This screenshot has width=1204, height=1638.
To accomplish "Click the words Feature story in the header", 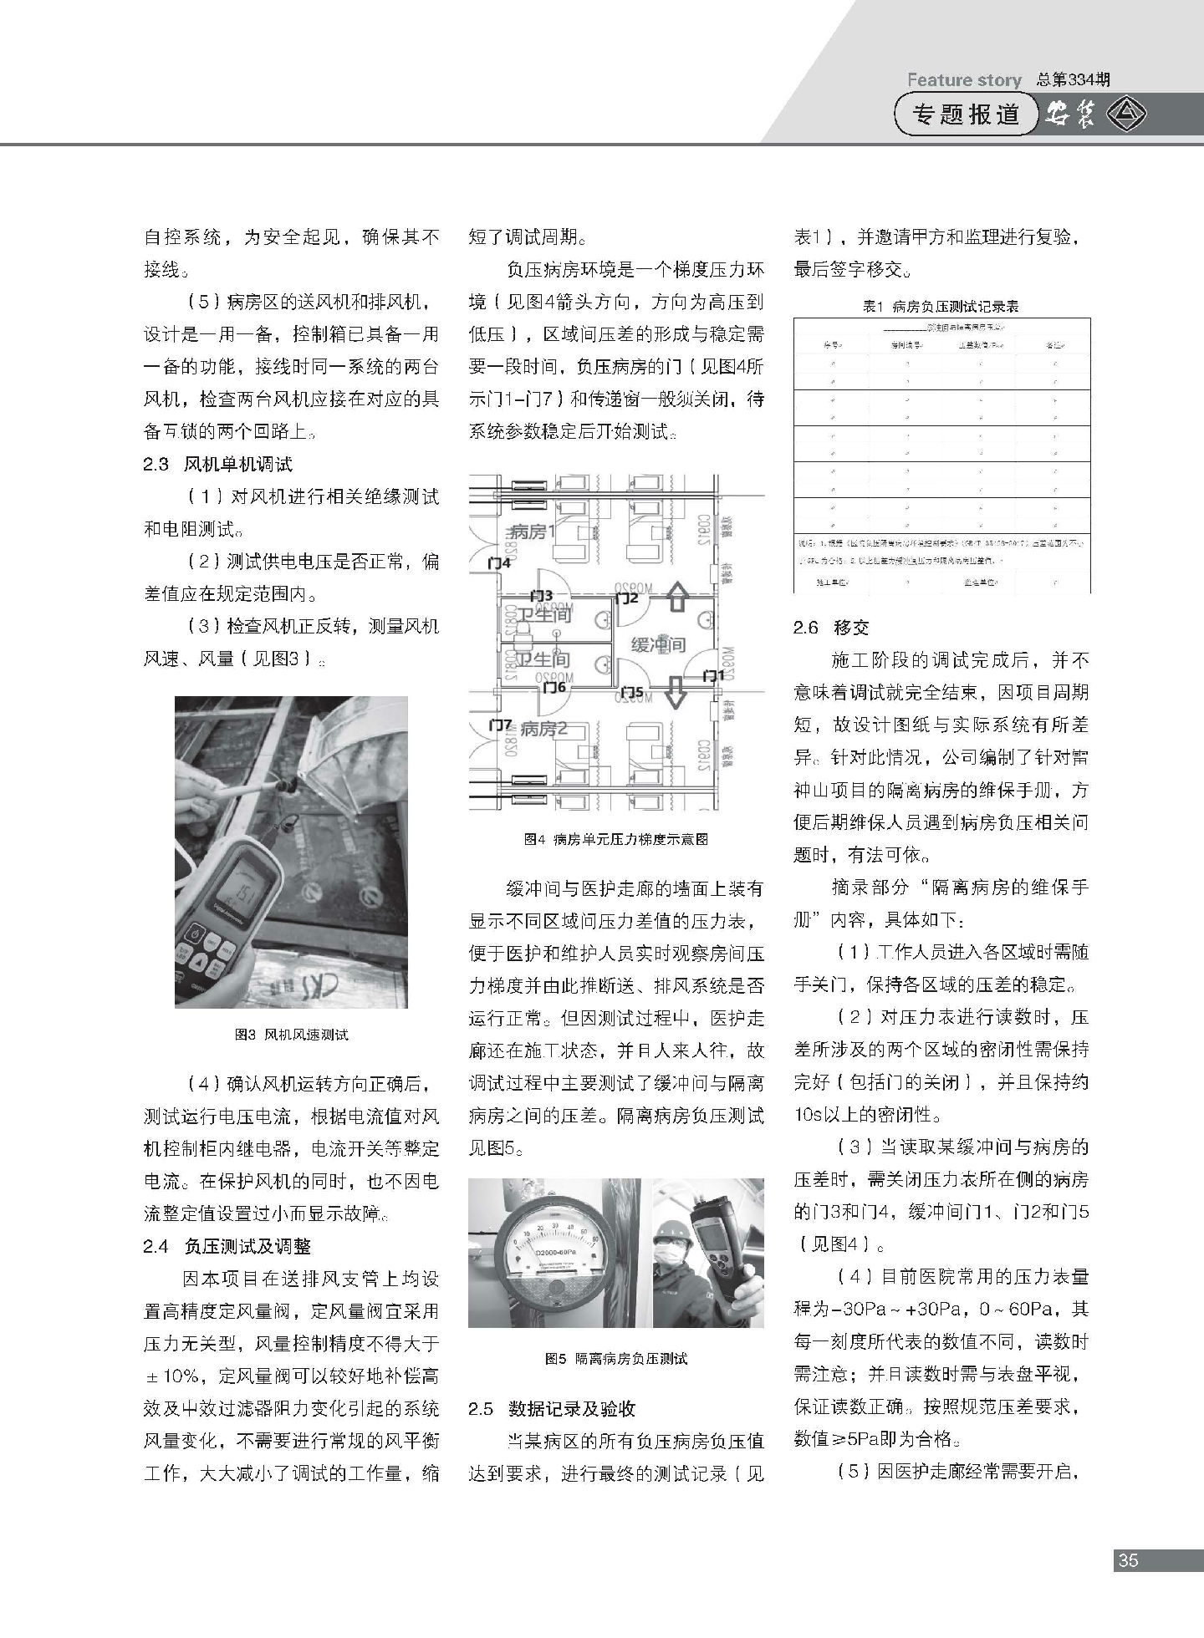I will click(964, 80).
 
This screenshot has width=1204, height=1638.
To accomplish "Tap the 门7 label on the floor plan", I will click(500, 724).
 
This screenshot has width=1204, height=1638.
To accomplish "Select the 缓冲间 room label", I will click(658, 644).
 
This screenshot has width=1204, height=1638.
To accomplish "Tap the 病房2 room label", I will click(543, 729).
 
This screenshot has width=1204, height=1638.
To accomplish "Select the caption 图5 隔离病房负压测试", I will click(615, 1359).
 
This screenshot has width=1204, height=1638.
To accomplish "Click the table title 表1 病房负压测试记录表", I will click(941, 307).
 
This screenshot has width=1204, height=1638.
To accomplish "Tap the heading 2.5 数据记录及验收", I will click(552, 1408).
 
